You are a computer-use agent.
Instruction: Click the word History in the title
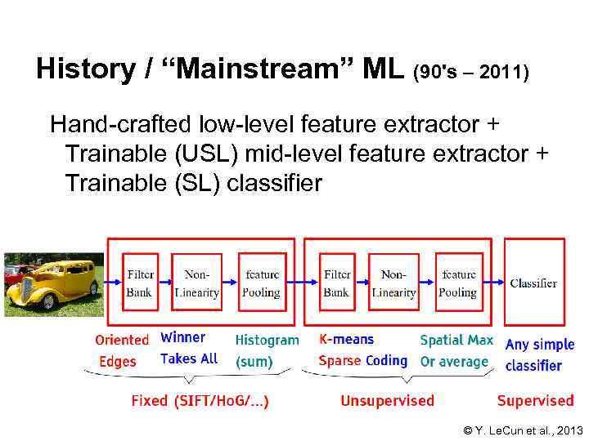[86, 69]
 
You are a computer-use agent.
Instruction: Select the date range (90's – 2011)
[472, 73]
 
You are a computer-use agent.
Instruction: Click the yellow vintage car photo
[52, 284]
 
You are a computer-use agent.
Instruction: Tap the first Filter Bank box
[140, 283]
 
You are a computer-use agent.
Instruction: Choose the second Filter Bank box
[336, 283]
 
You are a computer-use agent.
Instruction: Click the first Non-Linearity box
[197, 283]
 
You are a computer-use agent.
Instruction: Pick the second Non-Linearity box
[393, 283]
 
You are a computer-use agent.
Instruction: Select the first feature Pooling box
[261, 283]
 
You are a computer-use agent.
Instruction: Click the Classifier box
[533, 283]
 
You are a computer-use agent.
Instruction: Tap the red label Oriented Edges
[121, 350]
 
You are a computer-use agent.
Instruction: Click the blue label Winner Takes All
[189, 347]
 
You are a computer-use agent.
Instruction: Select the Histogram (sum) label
[267, 350]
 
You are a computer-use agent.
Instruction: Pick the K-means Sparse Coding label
[362, 350]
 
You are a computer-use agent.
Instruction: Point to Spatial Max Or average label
[456, 350]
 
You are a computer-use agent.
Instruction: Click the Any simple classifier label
[539, 355]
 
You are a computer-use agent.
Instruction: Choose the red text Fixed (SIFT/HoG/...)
[200, 401]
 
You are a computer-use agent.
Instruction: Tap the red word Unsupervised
[387, 401]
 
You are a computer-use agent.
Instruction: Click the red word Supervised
[535, 401]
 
